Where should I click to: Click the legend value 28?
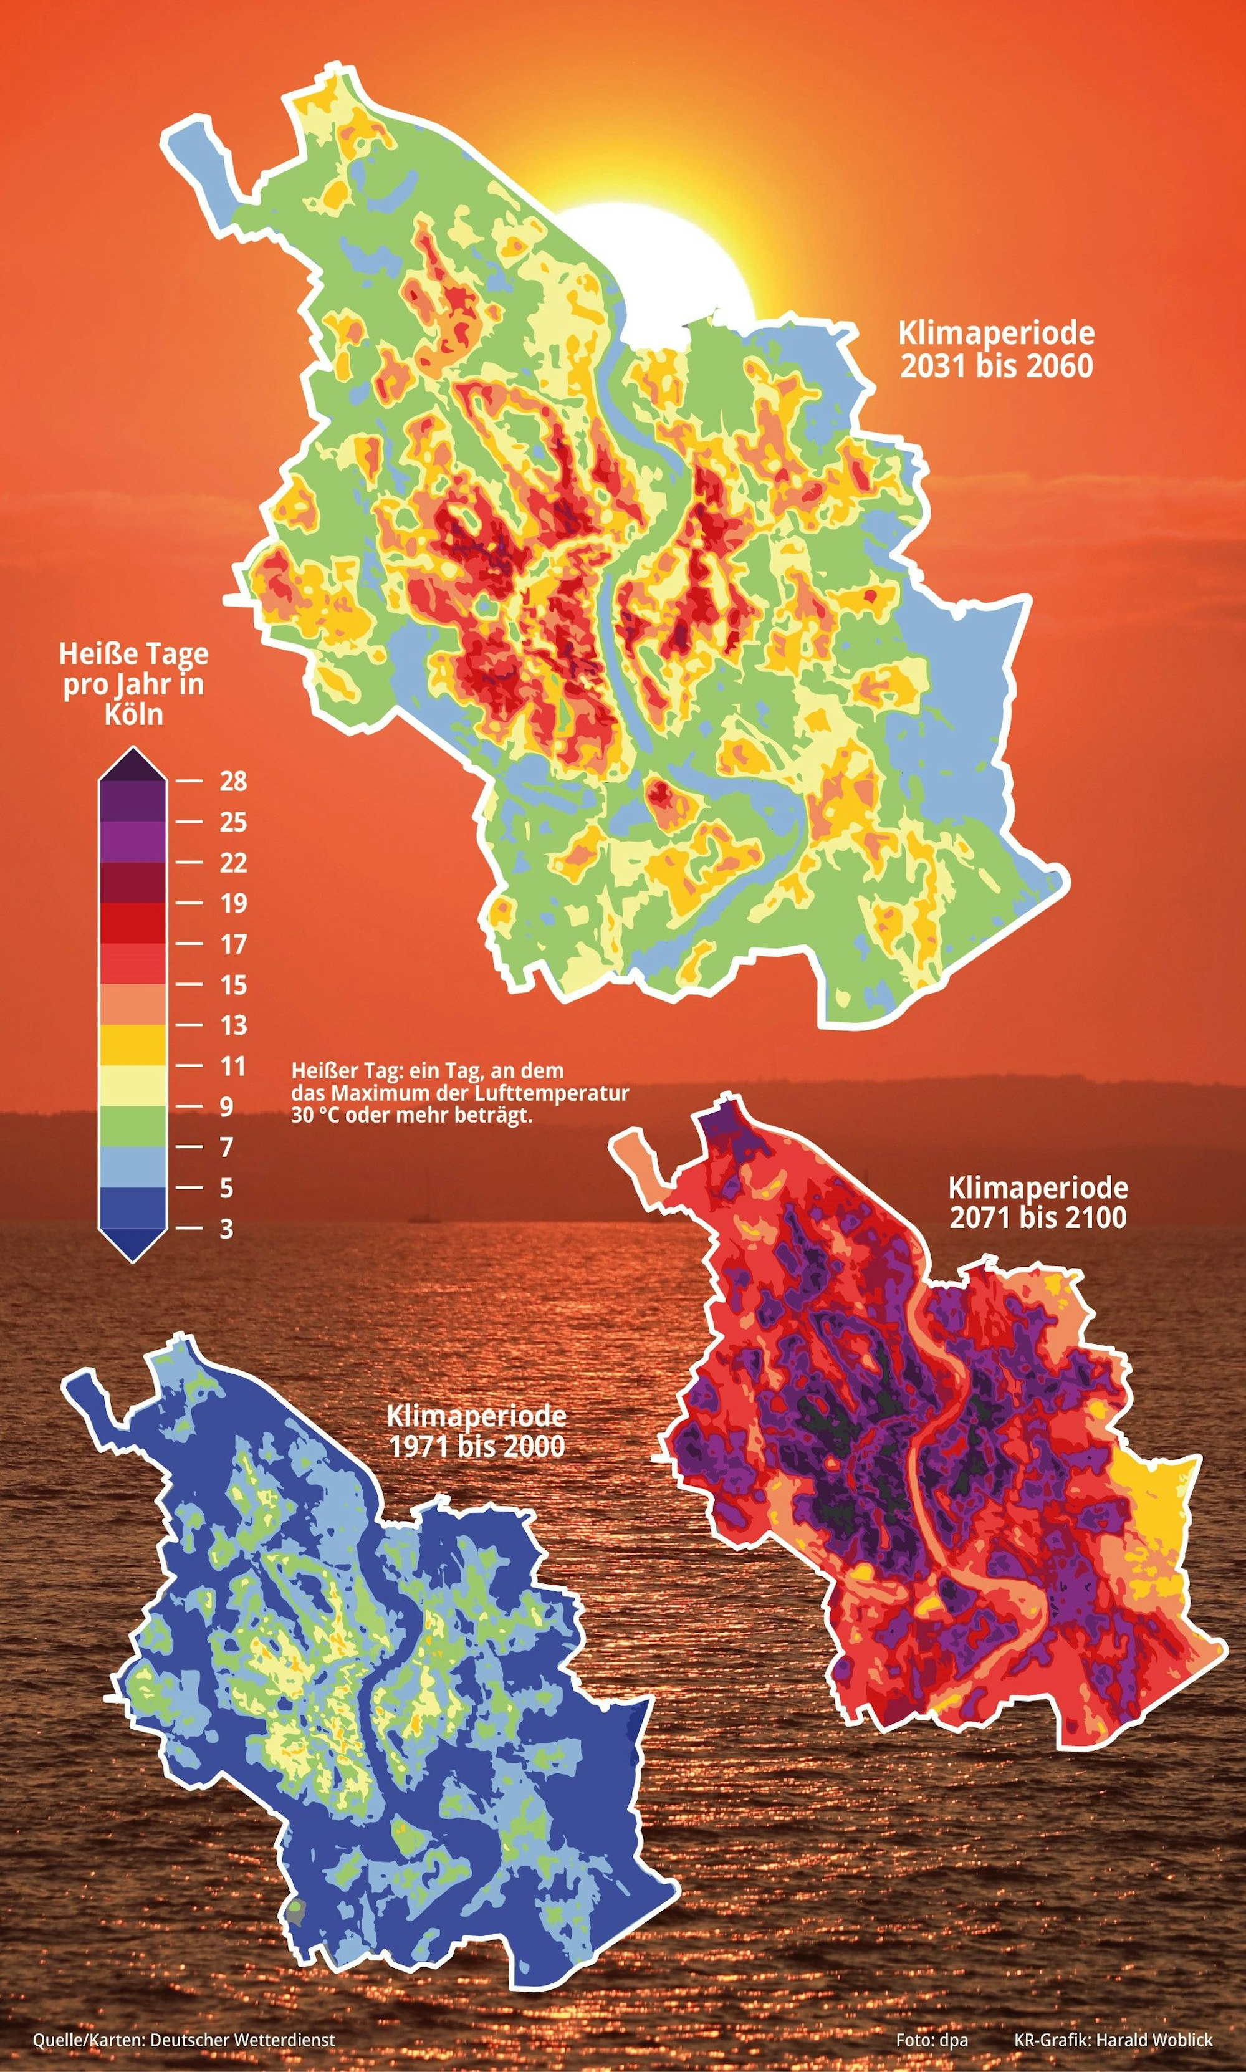233,781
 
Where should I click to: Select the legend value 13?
233,1025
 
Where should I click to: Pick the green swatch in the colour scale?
133,1126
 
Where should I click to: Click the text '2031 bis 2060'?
997,366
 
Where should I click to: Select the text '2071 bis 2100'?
1038,1217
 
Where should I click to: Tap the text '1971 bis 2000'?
476,1446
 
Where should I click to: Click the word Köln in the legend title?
133,714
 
